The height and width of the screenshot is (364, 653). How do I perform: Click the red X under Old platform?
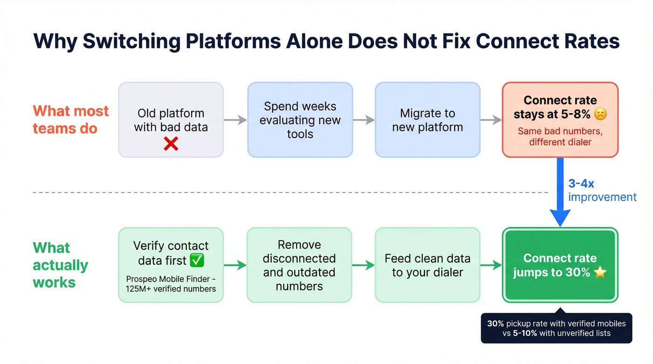(x=171, y=144)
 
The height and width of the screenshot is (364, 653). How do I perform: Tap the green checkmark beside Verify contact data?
(x=197, y=261)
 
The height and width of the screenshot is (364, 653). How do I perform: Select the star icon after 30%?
(x=600, y=272)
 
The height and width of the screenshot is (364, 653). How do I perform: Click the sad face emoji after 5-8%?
(x=601, y=114)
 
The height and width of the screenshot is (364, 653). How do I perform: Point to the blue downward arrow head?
(x=560, y=217)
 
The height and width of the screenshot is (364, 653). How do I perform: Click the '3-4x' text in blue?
(x=581, y=184)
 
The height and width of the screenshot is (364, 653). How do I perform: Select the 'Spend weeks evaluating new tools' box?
(x=300, y=120)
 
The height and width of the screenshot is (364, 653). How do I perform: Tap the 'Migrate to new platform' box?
(x=427, y=120)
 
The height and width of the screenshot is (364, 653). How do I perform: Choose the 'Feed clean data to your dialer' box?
(x=427, y=265)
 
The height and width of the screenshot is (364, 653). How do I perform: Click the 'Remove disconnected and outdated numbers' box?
(x=299, y=265)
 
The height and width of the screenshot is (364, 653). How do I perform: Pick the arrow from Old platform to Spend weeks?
(x=235, y=120)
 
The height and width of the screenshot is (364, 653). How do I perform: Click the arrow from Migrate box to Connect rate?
(x=491, y=120)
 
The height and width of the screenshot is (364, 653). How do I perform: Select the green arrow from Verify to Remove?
(x=235, y=265)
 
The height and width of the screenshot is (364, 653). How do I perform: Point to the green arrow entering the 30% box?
(x=491, y=265)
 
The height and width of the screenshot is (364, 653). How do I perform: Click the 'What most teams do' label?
(x=70, y=119)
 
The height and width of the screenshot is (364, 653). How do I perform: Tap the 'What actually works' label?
(x=60, y=265)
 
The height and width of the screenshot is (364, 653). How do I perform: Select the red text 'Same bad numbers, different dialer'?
(x=560, y=137)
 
